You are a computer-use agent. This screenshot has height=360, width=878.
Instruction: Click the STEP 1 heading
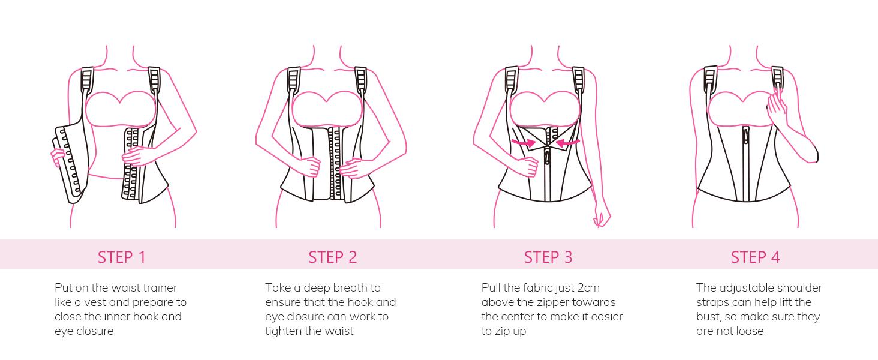coord(122,257)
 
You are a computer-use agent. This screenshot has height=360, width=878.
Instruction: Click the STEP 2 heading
coord(332,257)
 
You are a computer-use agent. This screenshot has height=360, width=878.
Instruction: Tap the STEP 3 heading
coord(548,257)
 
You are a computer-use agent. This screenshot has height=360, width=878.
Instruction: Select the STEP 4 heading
coord(755,257)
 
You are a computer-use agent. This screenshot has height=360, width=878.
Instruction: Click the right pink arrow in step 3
coord(567,144)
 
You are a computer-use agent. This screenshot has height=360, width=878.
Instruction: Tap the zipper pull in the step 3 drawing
coord(547,157)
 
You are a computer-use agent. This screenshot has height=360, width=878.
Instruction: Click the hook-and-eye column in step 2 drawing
coord(332,162)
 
